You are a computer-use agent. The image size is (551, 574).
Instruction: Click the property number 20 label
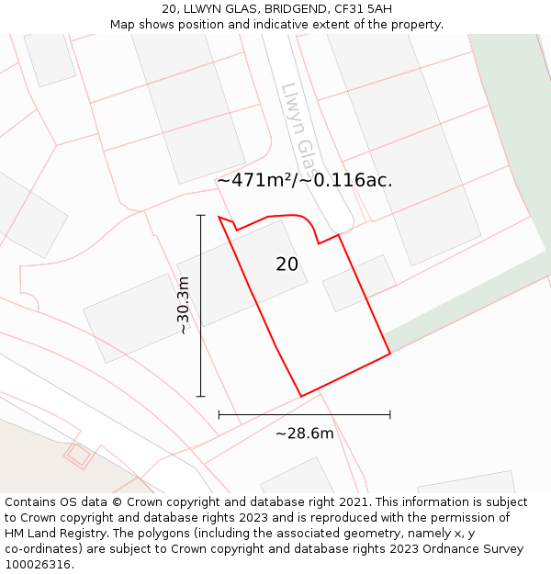pos(287,264)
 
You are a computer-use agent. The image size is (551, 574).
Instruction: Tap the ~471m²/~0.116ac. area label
pos(305,181)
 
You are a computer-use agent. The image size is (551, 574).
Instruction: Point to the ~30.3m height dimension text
pos(184,305)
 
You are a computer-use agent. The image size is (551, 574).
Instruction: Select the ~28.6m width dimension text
pos(304,433)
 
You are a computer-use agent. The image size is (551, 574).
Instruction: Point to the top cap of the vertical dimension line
pos(200,216)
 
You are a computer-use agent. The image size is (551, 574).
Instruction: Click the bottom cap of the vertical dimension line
pos(200,397)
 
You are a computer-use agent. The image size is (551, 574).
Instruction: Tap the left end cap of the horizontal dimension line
pos(219,415)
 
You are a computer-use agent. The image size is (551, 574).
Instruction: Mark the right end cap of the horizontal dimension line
pos(390,415)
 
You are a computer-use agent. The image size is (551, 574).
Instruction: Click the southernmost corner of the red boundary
pos(301,397)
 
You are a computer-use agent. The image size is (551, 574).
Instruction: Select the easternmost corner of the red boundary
pos(390,353)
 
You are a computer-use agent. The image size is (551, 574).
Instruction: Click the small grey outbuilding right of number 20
pos(358,283)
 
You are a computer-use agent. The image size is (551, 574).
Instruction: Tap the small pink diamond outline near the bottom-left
pos(78,454)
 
